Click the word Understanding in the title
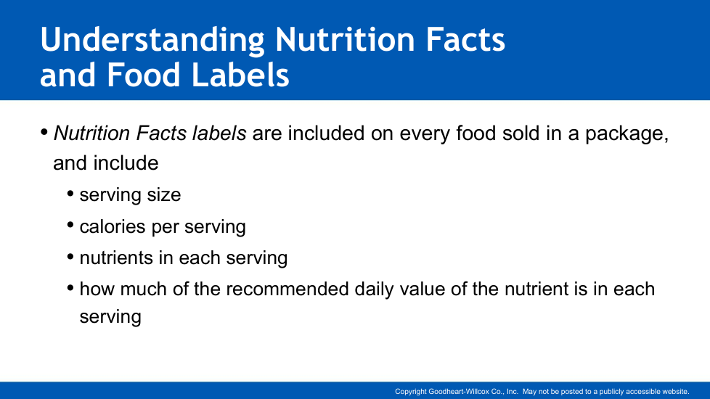point(152,40)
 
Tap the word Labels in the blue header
point(240,75)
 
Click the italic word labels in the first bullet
point(219,133)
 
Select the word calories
point(113,226)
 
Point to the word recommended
point(287,289)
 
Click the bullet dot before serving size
point(70,194)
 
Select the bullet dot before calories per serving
point(70,226)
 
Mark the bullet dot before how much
point(70,288)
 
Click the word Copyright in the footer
point(410,392)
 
